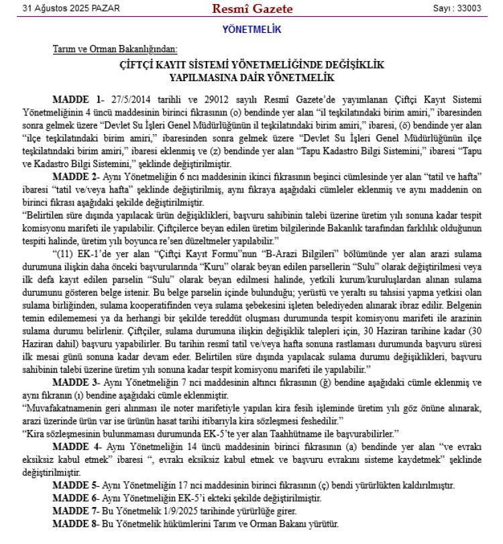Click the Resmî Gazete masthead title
(251, 9)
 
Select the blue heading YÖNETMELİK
(251, 30)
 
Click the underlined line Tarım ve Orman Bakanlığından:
(115, 50)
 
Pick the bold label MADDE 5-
(76, 485)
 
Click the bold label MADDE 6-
(76, 498)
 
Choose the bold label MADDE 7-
(76, 510)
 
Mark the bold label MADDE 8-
(76, 523)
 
